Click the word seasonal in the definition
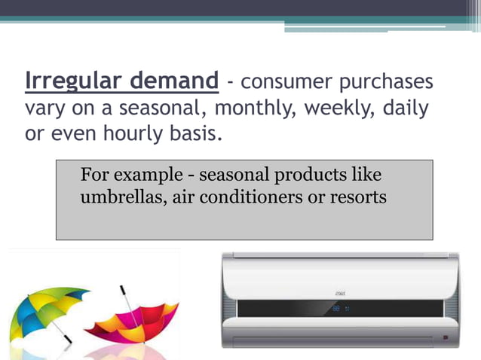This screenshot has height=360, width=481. pos(159,108)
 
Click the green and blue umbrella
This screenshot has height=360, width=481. pos(49,309)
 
